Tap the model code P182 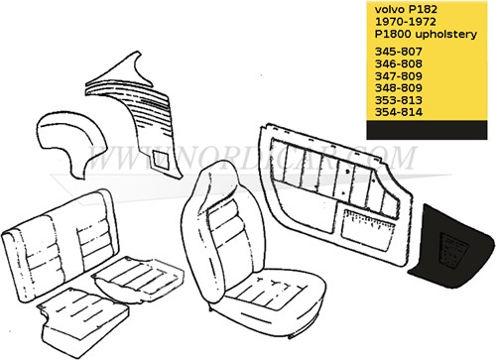[424, 9]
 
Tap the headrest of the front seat [215, 187]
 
